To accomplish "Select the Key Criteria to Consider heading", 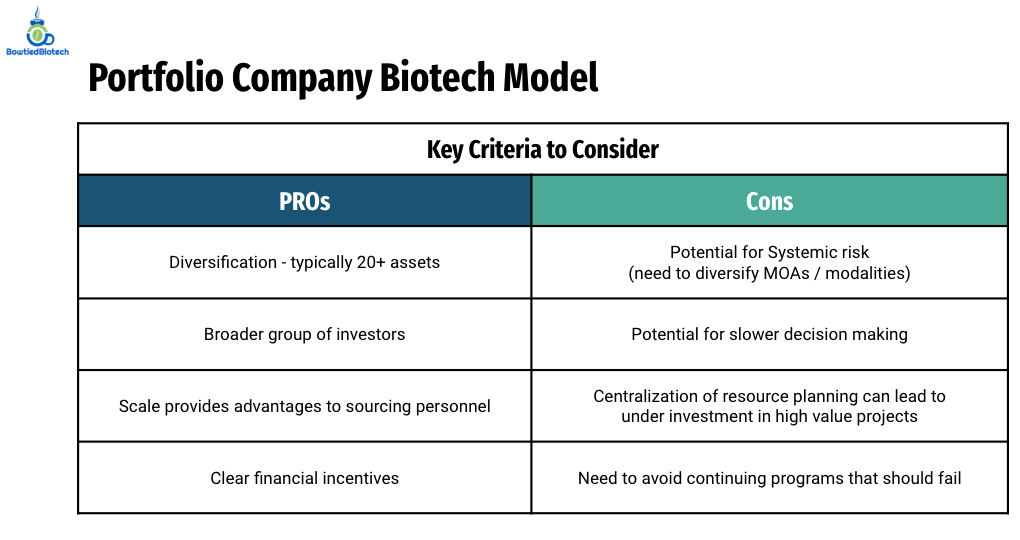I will click(x=542, y=149).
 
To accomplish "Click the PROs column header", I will click(x=304, y=201).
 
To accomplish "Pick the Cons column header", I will click(x=769, y=201).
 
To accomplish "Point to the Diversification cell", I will click(x=304, y=262).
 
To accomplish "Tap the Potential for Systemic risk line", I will click(x=769, y=252).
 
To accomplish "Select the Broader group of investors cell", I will click(x=304, y=334).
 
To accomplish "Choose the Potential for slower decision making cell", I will click(x=769, y=334).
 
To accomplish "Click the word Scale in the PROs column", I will click(x=140, y=406).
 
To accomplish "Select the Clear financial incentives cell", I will click(x=304, y=478).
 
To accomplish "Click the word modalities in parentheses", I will click(x=867, y=273).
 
